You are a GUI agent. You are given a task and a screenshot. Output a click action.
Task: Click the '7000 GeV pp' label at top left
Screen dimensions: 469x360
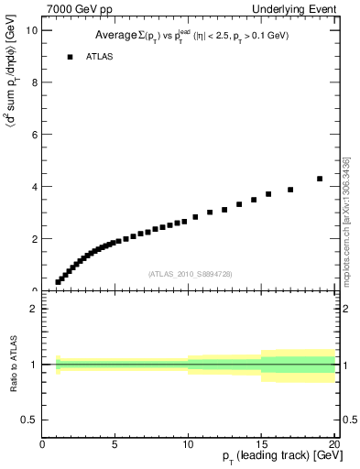[x=80, y=9]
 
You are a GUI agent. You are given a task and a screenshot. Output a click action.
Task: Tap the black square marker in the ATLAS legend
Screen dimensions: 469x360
[x=69, y=57]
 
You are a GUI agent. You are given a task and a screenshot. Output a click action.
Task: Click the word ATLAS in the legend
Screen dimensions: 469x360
[x=101, y=57]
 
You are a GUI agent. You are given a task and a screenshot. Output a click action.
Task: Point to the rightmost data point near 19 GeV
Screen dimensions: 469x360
[x=320, y=179]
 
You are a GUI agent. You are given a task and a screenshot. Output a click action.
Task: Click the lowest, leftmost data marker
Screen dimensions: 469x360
[x=58, y=282]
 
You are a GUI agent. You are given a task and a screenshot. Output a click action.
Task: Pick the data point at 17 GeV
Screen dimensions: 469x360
[x=290, y=190]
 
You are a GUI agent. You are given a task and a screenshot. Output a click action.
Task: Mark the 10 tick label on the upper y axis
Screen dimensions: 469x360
[x=32, y=29]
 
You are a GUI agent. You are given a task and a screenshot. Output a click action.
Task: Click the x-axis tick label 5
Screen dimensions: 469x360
[x=115, y=444]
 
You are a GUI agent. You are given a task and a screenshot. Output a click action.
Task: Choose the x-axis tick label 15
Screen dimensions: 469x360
[x=261, y=444]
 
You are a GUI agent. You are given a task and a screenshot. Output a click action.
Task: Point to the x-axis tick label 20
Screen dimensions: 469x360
[x=333, y=444]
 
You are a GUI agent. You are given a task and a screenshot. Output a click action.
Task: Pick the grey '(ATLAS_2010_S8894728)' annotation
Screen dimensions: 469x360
[x=190, y=274]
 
